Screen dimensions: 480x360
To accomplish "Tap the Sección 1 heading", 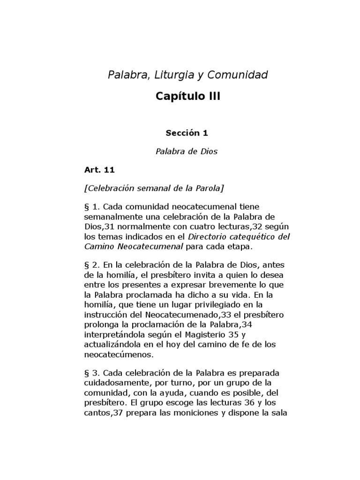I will click(187, 133).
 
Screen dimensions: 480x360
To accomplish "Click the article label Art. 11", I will click(100, 170).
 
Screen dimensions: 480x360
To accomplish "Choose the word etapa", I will click(239, 246).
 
